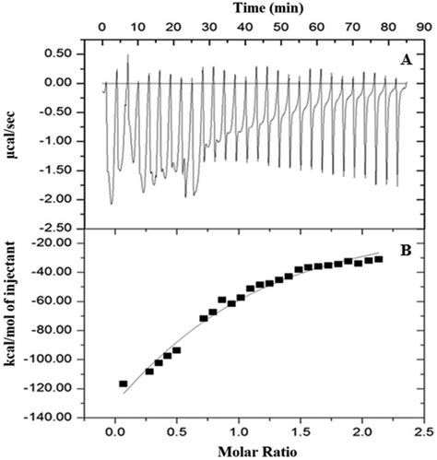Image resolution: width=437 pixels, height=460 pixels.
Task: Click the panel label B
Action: (x=404, y=245)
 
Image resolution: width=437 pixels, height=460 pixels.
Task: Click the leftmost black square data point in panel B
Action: (x=123, y=383)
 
